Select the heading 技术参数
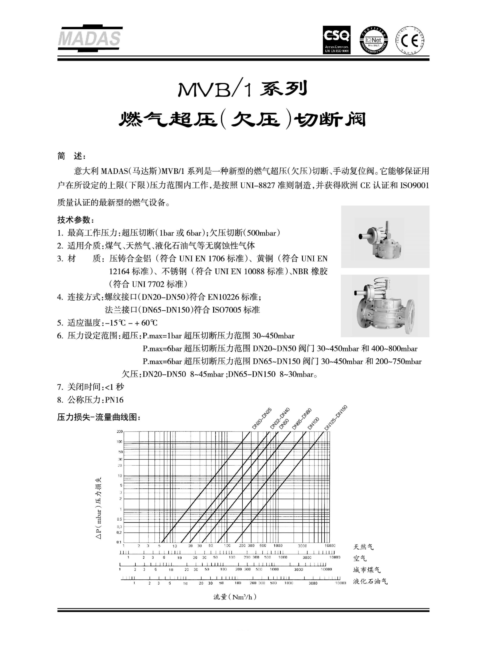coord(75,220)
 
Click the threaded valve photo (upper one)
coord(385,236)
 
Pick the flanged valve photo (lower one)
coord(385,306)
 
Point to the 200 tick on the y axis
coord(119,432)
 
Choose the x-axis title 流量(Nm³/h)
coord(235,597)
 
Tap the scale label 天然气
coord(363,547)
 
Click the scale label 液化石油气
coord(370,581)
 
